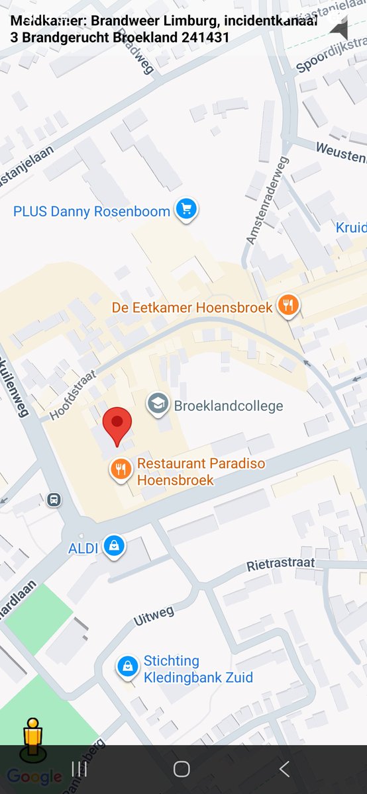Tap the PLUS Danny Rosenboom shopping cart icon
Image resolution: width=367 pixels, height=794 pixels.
pyautogui.click(x=186, y=210)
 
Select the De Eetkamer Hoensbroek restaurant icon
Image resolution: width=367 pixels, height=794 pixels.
pyautogui.click(x=288, y=305)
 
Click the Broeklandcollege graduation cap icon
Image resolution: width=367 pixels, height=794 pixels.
pyautogui.click(x=158, y=404)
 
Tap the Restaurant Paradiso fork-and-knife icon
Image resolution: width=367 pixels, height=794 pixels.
pyautogui.click(x=120, y=470)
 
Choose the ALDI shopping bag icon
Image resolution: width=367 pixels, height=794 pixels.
pyautogui.click(x=115, y=546)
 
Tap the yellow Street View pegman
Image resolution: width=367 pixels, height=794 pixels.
pyautogui.click(x=32, y=736)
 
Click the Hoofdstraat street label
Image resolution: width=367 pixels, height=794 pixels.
pyautogui.click(x=73, y=395)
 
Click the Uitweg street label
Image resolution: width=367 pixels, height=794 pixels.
pyautogui.click(x=153, y=616)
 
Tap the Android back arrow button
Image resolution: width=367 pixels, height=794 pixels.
pyautogui.click(x=284, y=768)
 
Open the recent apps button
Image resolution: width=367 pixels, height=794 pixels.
pyautogui.click(x=79, y=768)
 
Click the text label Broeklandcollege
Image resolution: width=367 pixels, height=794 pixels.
pyautogui.click(x=228, y=406)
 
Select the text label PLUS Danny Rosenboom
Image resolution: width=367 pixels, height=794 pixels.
pyautogui.click(x=91, y=212)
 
